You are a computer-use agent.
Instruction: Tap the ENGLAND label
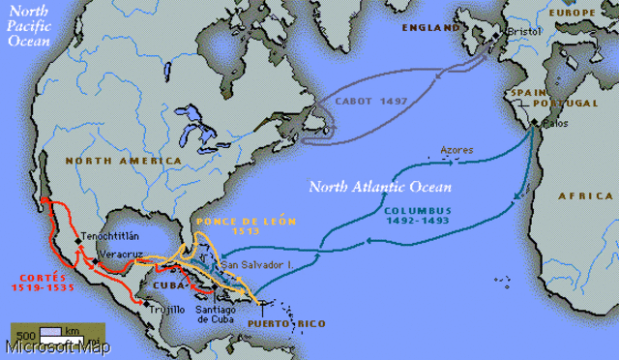coord(434,29)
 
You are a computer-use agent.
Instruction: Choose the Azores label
coord(457,150)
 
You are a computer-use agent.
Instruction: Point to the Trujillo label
coord(166,309)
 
